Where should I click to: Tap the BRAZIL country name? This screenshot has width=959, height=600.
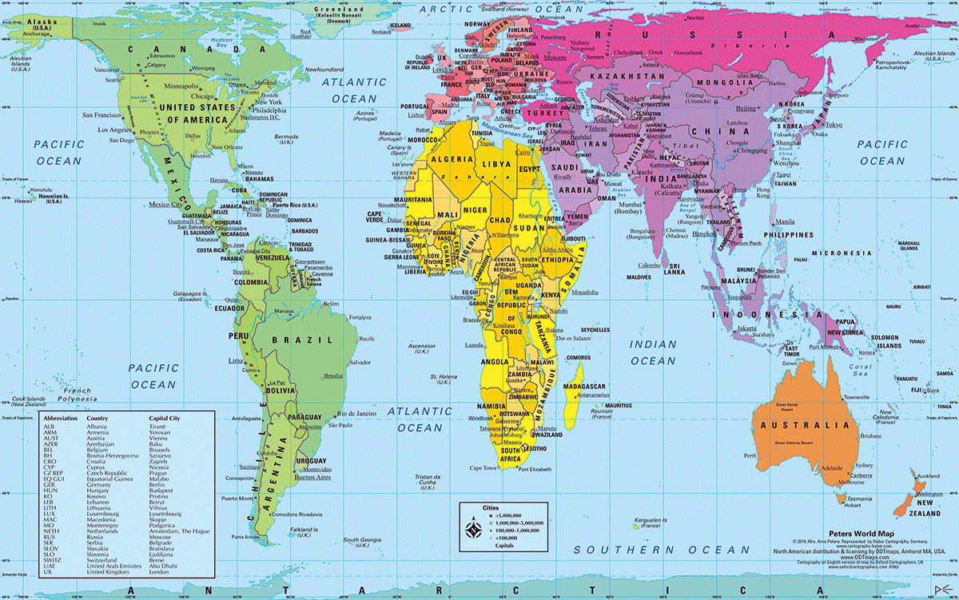[x=291, y=339]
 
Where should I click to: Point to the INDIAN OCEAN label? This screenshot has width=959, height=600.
[x=653, y=353]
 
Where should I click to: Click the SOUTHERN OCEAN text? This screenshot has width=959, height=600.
[x=663, y=550]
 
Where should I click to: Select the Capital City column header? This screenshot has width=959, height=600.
[x=168, y=418]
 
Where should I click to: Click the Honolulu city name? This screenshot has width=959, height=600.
[x=40, y=190]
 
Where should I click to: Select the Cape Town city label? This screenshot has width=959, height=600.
[x=483, y=468]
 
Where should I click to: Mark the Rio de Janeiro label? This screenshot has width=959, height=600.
[x=357, y=414]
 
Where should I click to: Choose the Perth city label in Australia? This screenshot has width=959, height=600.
[x=749, y=455]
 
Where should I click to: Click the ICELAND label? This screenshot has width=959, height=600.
[x=400, y=26]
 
